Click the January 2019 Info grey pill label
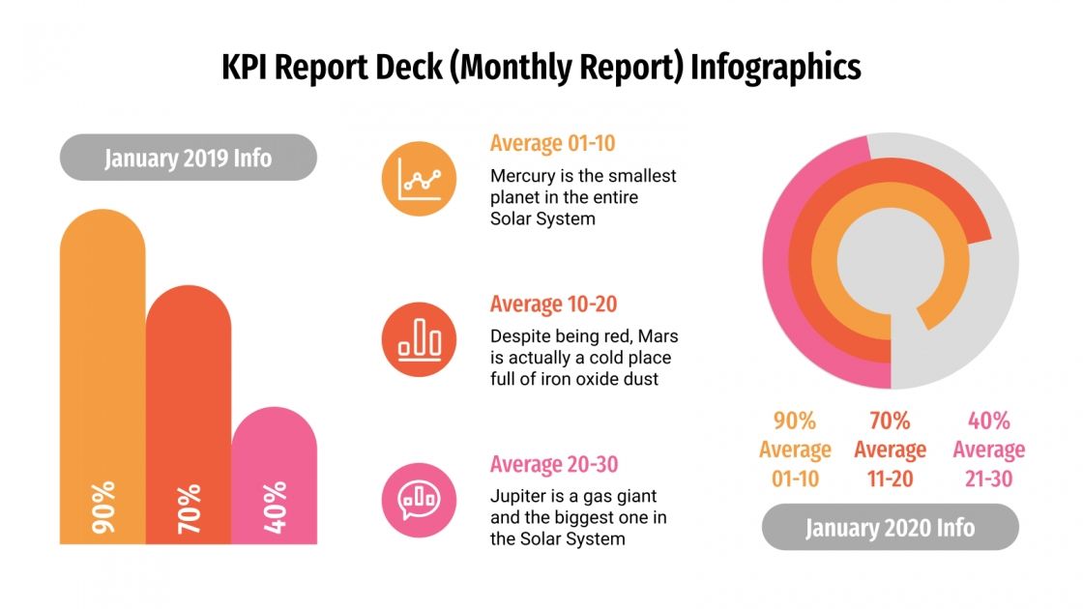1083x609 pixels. point(189,158)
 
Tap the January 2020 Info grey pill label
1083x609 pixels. point(890,528)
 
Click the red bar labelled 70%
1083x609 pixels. point(189,416)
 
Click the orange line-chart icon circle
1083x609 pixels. point(419,179)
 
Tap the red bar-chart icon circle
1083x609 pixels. point(419,339)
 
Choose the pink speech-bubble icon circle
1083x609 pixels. point(419,499)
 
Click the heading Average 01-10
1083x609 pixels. point(552,144)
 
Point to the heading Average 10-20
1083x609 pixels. point(553,304)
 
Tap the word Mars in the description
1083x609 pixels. point(658,336)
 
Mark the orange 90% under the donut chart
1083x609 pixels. point(795,421)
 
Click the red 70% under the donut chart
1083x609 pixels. point(890,421)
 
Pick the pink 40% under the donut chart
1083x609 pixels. point(988,421)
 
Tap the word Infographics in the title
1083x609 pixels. point(775,69)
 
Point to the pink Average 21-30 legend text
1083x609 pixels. point(988,464)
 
